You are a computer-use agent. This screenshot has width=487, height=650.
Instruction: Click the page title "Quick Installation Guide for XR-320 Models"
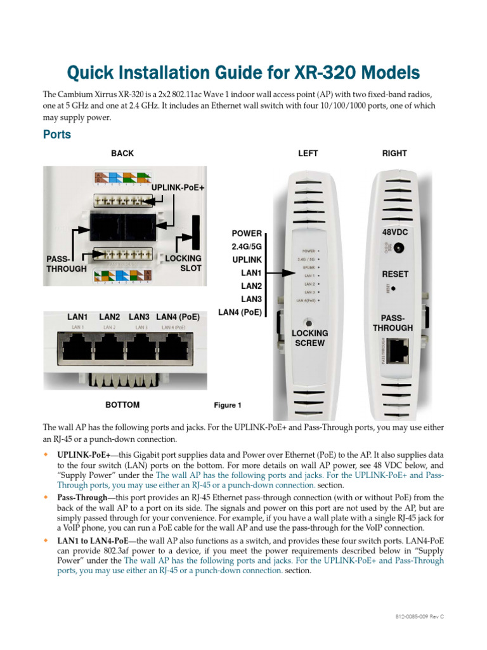[243, 71]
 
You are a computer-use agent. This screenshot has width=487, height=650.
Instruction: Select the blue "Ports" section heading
[56, 135]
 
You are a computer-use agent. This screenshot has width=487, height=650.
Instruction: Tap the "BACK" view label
[122, 154]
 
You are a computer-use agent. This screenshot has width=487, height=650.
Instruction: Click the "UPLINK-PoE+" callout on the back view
[178, 187]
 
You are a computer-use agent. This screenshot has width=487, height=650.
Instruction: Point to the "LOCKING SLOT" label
[183, 263]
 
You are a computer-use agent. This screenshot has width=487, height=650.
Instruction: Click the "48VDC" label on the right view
[394, 233]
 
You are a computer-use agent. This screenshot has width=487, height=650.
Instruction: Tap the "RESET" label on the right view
[395, 274]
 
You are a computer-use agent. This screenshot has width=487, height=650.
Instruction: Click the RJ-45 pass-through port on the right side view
[398, 350]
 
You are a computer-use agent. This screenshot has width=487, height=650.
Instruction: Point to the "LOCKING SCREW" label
[309, 338]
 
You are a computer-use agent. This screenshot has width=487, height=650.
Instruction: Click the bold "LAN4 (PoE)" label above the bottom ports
[178, 316]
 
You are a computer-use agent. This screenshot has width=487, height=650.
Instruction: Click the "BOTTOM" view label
[122, 404]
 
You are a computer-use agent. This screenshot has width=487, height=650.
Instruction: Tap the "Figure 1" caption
[228, 405]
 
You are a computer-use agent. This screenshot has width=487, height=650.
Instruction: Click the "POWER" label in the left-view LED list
[247, 234]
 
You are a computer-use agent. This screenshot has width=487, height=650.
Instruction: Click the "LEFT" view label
[308, 154]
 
